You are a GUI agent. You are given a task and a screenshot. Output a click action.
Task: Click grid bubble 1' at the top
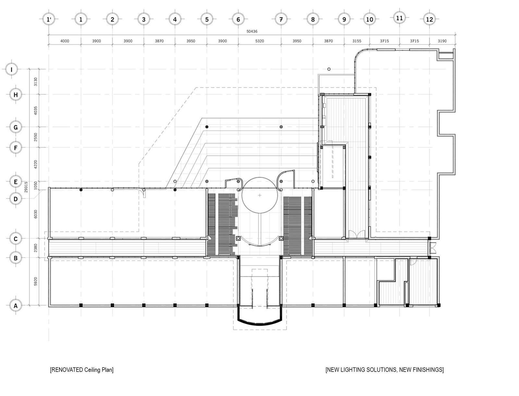pyautogui.click(x=49, y=19)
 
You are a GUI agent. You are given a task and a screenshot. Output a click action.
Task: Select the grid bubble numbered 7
pyautogui.click(x=281, y=19)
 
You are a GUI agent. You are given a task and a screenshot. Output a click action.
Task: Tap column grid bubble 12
pyautogui.click(x=429, y=19)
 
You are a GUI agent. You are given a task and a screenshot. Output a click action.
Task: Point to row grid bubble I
pyautogui.click(x=12, y=69)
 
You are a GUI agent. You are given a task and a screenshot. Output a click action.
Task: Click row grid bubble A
pyautogui.click(x=16, y=306)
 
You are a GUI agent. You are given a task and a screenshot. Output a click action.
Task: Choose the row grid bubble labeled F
pyautogui.click(x=16, y=148)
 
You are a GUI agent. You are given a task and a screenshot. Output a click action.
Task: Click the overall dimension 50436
pyautogui.click(x=252, y=31)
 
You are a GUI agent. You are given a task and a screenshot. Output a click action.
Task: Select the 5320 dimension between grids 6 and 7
pyautogui.click(x=259, y=41)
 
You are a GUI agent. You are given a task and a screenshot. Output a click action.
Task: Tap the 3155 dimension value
pyautogui.click(x=356, y=41)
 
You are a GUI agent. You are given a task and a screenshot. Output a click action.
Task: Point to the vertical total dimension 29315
pyautogui.click(x=26, y=187)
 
